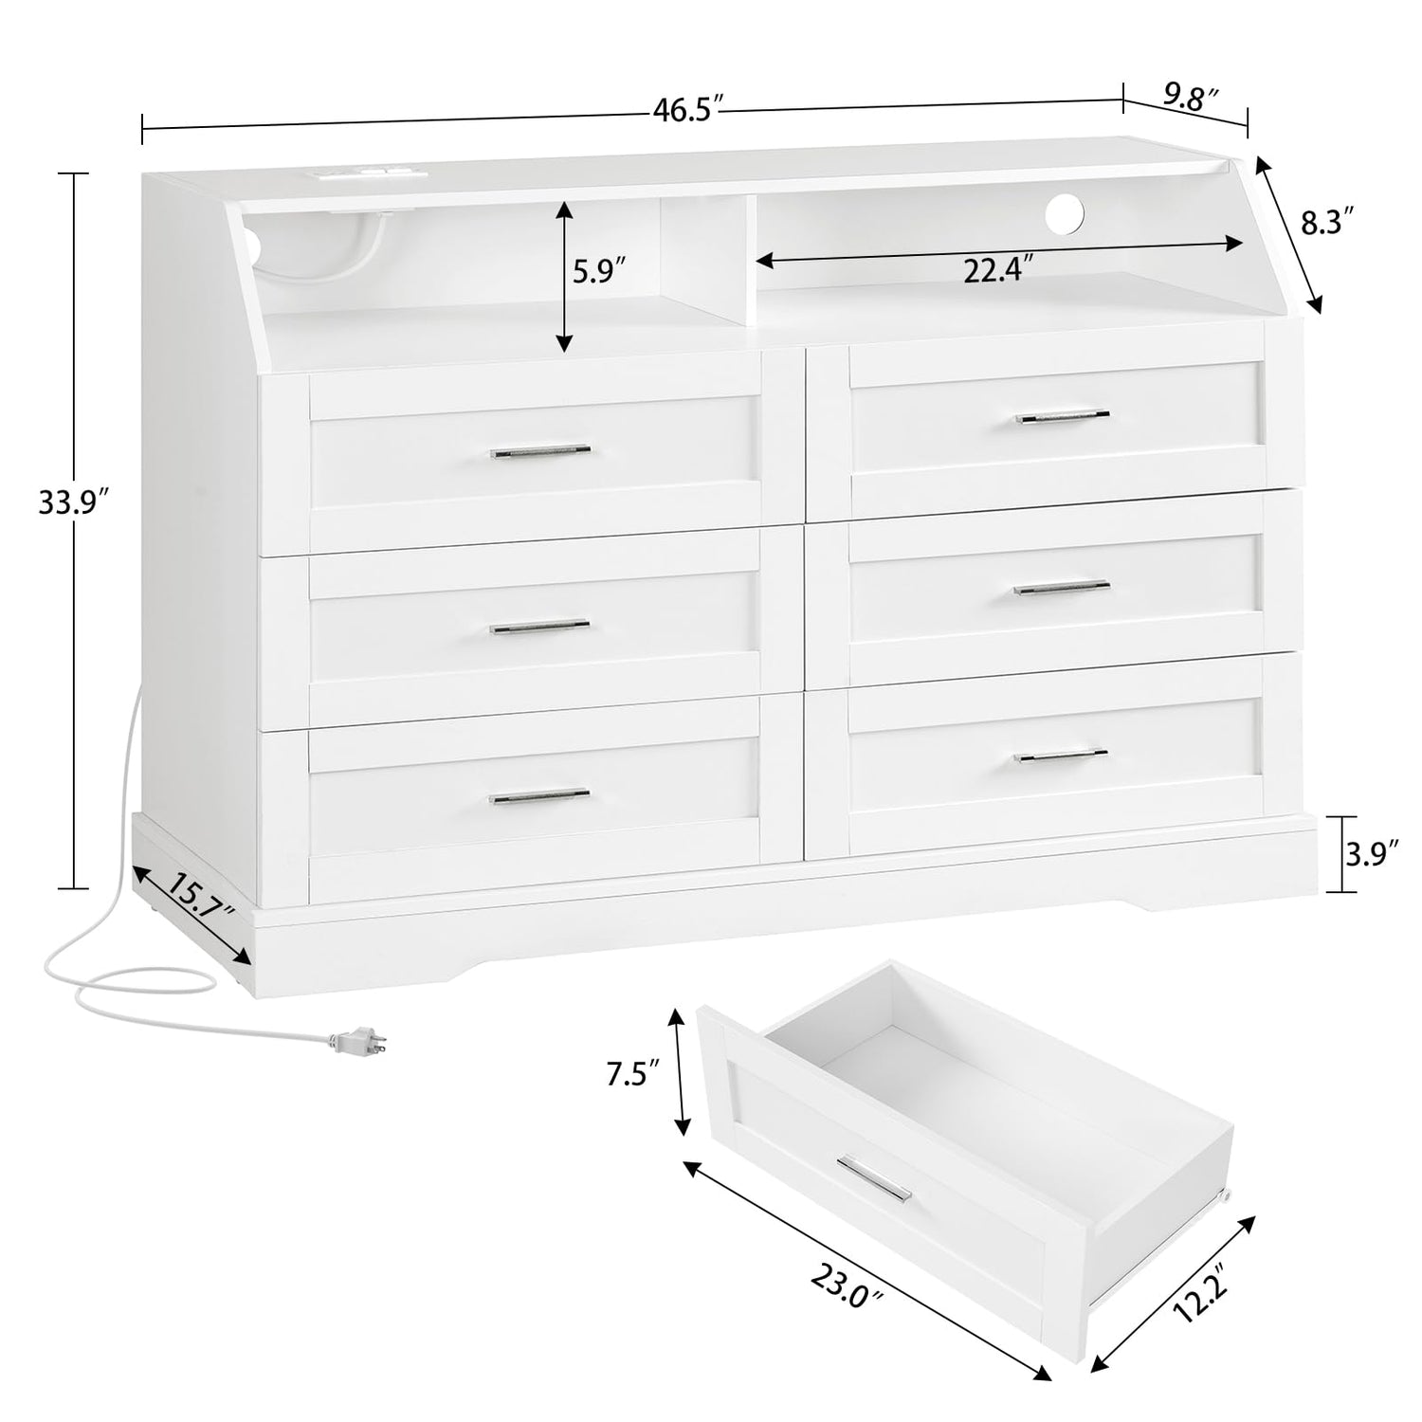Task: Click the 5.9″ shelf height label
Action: pos(600,273)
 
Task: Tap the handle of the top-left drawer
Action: pos(540,452)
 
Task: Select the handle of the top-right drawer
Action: pos(1062,417)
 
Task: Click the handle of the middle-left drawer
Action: pos(540,627)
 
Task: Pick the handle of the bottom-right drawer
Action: pos(1061,756)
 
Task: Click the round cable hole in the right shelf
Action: pos(1065,210)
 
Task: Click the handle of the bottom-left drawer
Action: pos(539,796)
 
